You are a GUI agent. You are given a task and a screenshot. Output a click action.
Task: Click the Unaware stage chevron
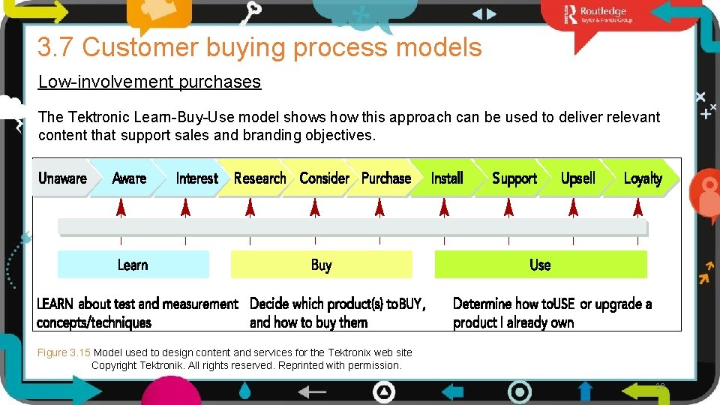(x=62, y=178)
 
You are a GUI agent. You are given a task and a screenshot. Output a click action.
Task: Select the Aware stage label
(x=129, y=178)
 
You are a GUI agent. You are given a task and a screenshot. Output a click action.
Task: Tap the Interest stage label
(x=196, y=178)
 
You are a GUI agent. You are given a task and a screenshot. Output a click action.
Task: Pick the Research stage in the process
(x=259, y=178)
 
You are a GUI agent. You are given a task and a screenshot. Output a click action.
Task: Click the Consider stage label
(x=324, y=178)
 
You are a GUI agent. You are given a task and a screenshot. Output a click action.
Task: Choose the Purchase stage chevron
(x=386, y=178)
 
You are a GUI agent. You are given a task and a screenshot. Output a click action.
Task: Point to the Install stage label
(x=447, y=178)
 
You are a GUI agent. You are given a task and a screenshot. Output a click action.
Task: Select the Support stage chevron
(x=514, y=178)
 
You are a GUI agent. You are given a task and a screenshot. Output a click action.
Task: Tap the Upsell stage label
(x=578, y=178)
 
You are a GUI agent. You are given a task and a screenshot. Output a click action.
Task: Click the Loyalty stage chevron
(x=643, y=178)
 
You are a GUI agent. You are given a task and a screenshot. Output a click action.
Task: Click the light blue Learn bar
(x=133, y=265)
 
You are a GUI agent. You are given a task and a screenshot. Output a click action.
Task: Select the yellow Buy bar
(x=321, y=265)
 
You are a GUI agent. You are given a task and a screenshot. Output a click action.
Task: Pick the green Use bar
(x=540, y=265)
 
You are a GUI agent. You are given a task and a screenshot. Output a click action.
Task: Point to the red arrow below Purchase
(x=379, y=207)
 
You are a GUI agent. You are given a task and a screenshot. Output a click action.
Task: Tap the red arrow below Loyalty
(x=638, y=207)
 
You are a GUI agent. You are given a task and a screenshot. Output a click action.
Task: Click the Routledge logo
(x=600, y=14)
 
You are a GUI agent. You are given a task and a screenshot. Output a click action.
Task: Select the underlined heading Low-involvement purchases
(x=149, y=82)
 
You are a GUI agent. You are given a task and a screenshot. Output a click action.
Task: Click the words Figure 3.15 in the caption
(x=64, y=352)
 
